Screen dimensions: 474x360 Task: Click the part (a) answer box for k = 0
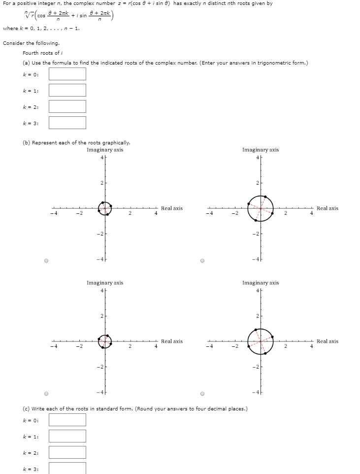pos(67,74)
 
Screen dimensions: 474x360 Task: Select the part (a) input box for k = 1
pos(67,90)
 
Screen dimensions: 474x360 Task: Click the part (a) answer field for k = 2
pos(67,106)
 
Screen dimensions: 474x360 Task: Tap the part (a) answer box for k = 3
pos(67,123)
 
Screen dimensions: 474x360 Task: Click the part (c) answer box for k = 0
pos(67,420)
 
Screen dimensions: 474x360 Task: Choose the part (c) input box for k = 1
pos(67,436)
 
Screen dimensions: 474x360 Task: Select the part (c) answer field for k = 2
pos(67,452)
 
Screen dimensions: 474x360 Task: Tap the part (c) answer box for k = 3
pos(67,468)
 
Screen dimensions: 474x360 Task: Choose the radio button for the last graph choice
pos(202,394)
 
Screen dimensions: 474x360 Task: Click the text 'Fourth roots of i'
pos(42,53)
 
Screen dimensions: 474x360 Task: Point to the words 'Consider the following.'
pos(31,43)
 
